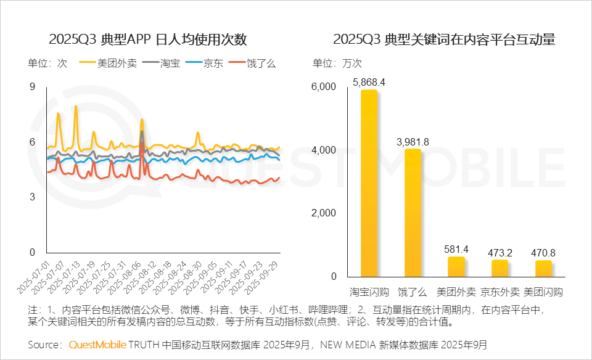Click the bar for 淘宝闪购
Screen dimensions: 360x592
click(369, 184)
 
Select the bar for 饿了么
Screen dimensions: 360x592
click(413, 213)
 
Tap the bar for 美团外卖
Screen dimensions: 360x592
click(456, 267)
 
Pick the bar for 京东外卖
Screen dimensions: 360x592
click(499, 269)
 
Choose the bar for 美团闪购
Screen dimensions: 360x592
click(543, 269)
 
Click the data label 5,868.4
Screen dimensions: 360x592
click(369, 82)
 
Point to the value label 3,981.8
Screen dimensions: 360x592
click(413, 142)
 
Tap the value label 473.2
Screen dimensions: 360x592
click(499, 253)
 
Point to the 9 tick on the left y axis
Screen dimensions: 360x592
click(32, 87)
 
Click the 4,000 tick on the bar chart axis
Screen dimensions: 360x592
click(324, 150)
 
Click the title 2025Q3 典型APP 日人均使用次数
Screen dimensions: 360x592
click(148, 39)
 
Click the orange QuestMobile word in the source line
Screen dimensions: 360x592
click(97, 344)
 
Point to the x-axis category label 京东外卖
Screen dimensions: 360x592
click(499, 292)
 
